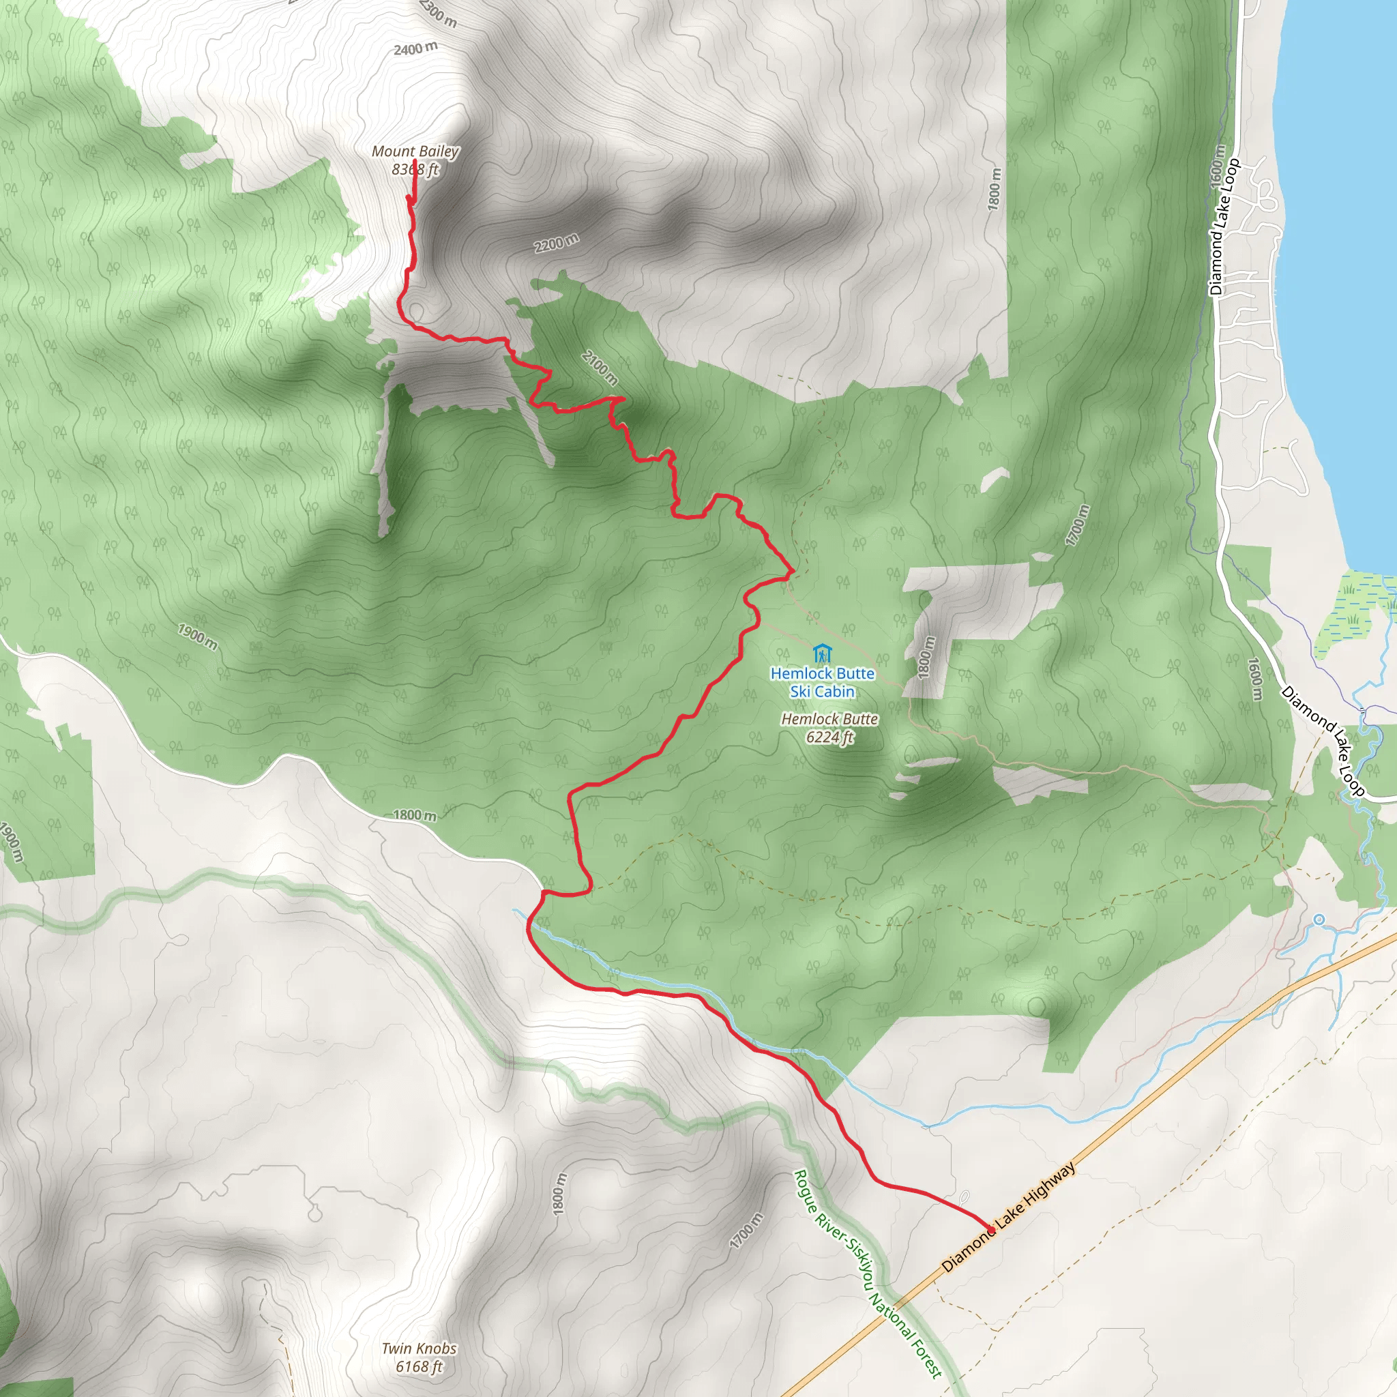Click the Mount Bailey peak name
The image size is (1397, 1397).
[415, 151]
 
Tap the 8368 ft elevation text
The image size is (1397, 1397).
[415, 169]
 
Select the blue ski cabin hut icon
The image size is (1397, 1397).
[821, 653]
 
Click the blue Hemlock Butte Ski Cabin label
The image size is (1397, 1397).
[822, 682]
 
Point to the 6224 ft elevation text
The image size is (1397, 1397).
[829, 737]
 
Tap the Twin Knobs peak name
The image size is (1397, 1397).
[419, 1349]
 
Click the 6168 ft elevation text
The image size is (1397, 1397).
[419, 1366]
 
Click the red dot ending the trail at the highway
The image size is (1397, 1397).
[991, 1230]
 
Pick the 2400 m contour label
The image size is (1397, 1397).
[416, 49]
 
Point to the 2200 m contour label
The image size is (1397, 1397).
[556, 243]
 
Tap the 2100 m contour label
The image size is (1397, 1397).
[600, 368]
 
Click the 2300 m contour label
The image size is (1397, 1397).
[438, 13]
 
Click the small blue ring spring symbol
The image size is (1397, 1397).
[1319, 919]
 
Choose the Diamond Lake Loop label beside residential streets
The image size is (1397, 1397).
[1224, 226]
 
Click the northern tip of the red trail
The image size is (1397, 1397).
[414, 179]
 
